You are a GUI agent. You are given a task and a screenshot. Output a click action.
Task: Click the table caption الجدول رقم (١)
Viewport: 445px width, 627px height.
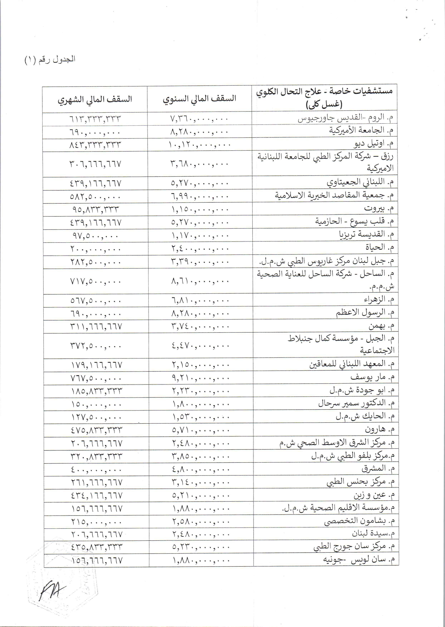click(50, 60)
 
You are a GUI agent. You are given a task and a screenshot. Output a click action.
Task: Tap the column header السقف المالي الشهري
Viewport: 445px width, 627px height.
click(95, 99)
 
